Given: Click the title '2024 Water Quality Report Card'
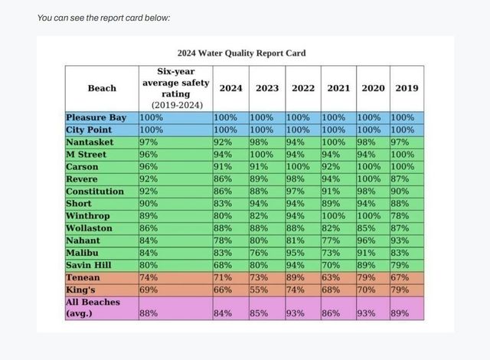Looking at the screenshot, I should pos(241,54).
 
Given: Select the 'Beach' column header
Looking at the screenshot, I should pos(102,88).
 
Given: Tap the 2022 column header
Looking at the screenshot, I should pos(303,88).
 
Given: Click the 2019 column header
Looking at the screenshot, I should pos(407,88).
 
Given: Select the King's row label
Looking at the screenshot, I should pos(80,290).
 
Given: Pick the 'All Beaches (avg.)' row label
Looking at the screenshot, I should pos(93,308).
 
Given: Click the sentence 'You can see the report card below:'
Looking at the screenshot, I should pos(103,18).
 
